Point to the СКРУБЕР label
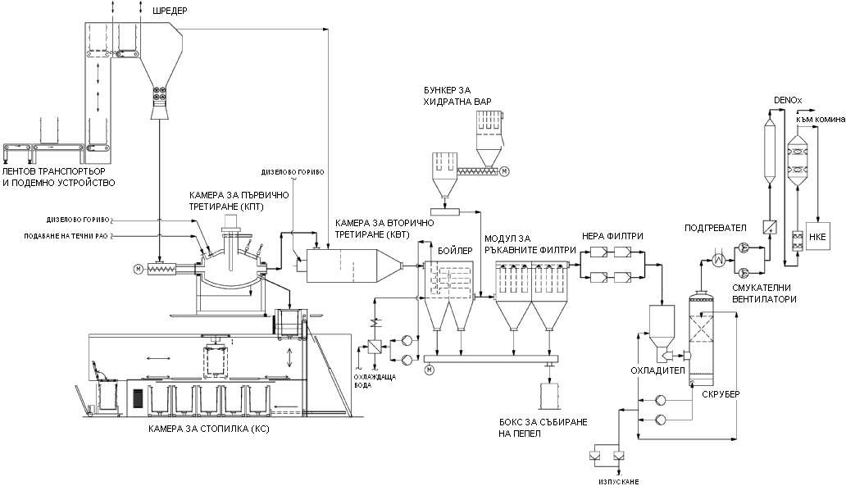pos(721,394)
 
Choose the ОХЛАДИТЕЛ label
pos(653,370)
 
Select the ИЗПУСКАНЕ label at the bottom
pos(606,480)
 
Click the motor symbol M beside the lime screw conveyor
pos(505,171)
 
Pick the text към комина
pos(821,120)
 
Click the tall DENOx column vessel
pos(771,152)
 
